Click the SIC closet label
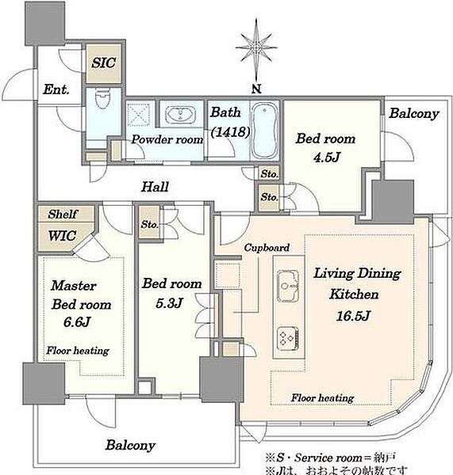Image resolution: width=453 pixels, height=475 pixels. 104,63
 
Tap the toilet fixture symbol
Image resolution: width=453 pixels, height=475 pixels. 102,98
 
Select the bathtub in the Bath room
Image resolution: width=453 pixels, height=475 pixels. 265,131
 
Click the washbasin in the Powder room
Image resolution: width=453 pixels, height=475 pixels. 180,114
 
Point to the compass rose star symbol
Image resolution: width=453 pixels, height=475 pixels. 256,47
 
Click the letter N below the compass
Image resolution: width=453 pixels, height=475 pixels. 256,89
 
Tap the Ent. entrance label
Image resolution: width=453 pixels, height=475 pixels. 56,89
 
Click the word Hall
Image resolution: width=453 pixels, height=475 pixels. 155,187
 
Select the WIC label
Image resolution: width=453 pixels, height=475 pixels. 62,236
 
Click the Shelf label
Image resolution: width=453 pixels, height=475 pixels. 63,215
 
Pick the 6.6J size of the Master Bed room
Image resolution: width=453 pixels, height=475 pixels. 77,321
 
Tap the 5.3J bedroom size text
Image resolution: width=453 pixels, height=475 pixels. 169,302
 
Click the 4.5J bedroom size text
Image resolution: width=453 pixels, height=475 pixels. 327,158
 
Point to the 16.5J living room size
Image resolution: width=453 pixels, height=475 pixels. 353,316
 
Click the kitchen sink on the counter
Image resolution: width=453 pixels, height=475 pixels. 288,286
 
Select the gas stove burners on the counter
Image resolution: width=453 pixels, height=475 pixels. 288,338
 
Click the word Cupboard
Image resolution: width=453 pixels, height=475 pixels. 267,248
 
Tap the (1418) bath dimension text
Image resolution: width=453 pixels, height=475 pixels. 230,131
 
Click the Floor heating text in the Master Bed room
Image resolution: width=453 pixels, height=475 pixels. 78,351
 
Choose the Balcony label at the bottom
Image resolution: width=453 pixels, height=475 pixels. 130,445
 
